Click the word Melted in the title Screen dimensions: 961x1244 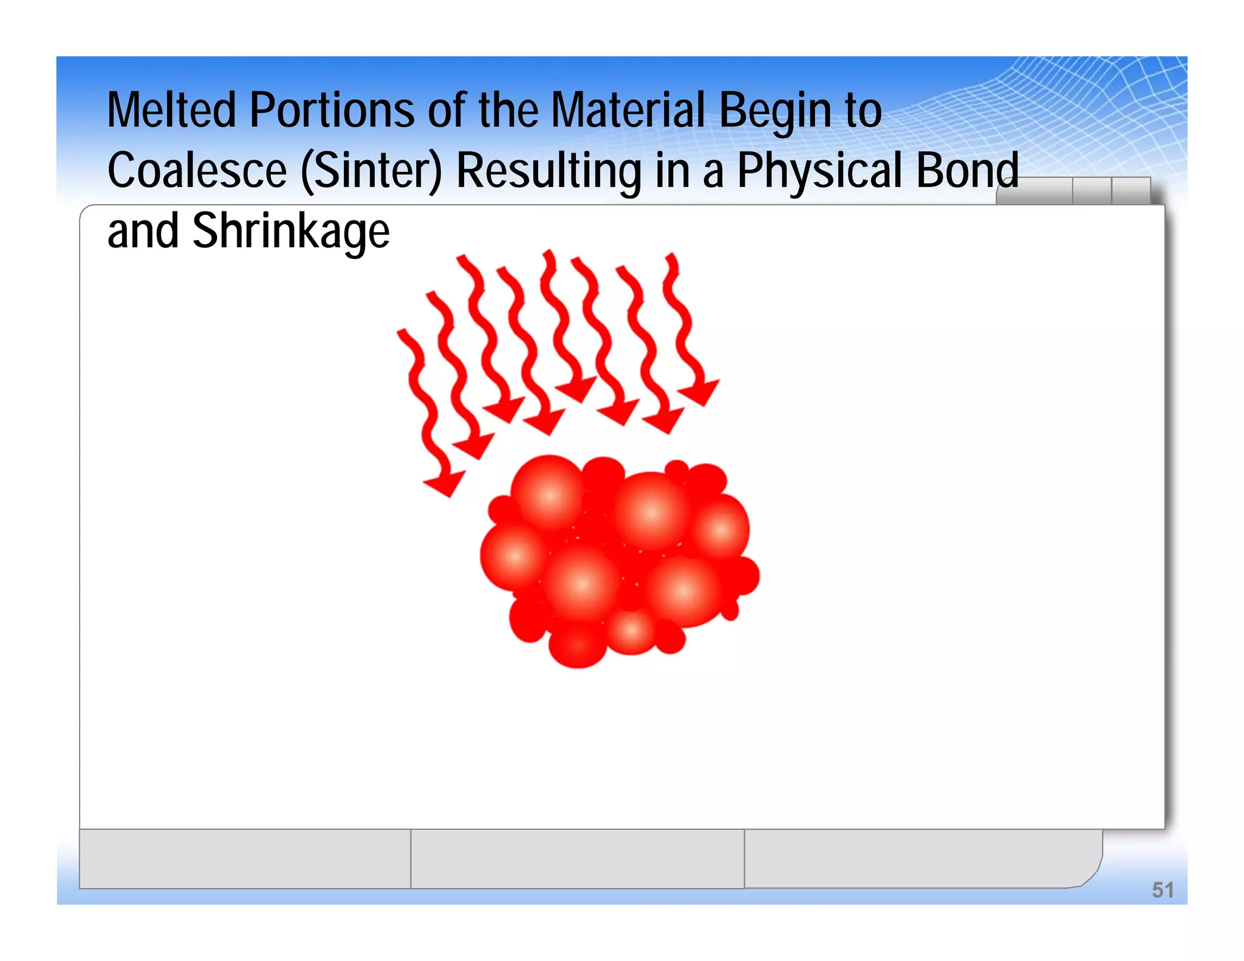[171, 111]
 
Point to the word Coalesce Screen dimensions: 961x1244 [197, 171]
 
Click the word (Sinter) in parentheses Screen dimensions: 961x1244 [371, 172]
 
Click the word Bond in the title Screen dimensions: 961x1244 [966, 171]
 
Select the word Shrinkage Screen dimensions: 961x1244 [291, 232]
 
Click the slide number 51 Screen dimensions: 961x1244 [1163, 890]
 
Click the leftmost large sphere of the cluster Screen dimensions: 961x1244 [515, 556]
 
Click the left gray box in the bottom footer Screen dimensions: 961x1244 [245, 858]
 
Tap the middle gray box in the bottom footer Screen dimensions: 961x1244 [577, 858]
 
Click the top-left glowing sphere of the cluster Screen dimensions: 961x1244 [549, 495]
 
